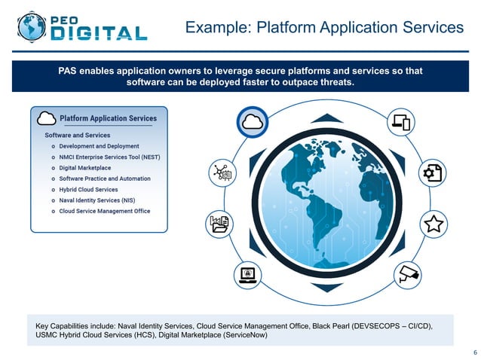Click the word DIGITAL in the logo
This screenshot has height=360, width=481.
99,33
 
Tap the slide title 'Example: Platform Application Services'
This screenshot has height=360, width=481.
324,28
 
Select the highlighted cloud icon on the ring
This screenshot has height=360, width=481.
252,124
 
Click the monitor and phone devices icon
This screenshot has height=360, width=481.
400,122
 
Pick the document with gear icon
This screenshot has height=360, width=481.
432,172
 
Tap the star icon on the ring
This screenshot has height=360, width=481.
433,223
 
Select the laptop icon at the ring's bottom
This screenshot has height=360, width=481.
248,273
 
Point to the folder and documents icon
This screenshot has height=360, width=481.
218,224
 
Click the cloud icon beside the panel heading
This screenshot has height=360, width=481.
46,118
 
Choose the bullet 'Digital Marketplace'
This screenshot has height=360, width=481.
84,168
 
